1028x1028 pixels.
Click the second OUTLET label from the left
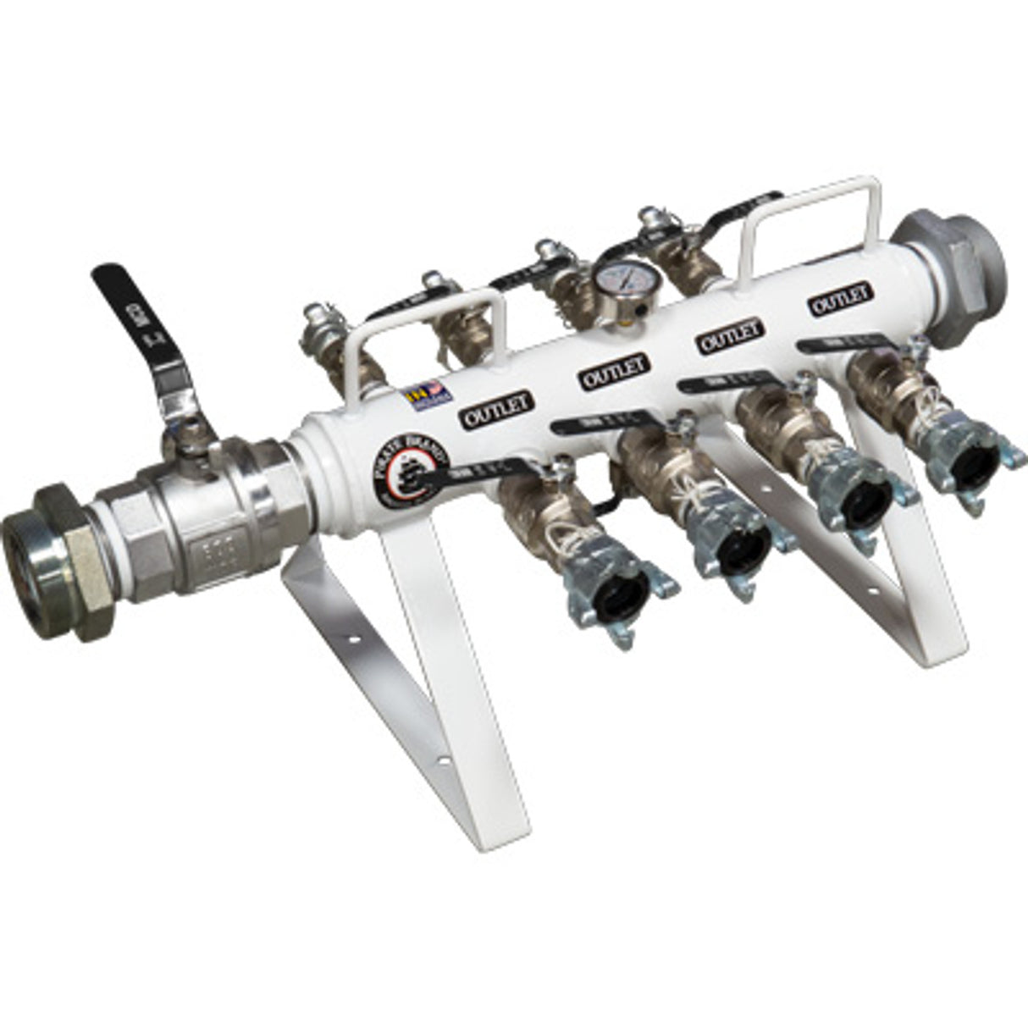616,370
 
